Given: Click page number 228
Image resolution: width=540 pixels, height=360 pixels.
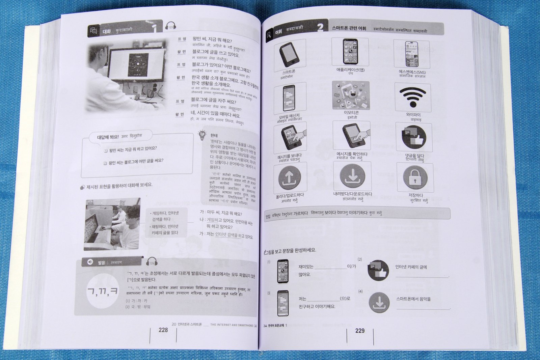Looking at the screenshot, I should point(163,330).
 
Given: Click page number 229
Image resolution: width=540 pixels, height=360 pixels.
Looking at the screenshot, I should point(360,331).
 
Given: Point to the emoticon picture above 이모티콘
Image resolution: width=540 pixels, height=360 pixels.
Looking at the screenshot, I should point(351,95).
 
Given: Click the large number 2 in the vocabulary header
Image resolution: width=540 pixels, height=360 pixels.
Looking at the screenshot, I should point(320,27).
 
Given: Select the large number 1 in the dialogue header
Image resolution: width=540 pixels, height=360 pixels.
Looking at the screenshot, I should point(154,28).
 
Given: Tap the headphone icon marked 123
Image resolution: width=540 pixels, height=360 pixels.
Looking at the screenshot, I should point(170,26).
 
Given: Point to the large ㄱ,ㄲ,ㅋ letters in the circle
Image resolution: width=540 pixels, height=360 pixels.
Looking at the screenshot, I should point(103,291).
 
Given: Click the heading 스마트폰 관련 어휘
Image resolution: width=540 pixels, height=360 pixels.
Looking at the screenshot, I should point(349,28).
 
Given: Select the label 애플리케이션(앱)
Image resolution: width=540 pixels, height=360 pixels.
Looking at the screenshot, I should point(350,70).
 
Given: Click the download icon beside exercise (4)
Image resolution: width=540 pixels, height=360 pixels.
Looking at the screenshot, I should point(379,302).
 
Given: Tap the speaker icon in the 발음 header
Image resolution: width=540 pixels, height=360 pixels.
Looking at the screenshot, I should point(90,262).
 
